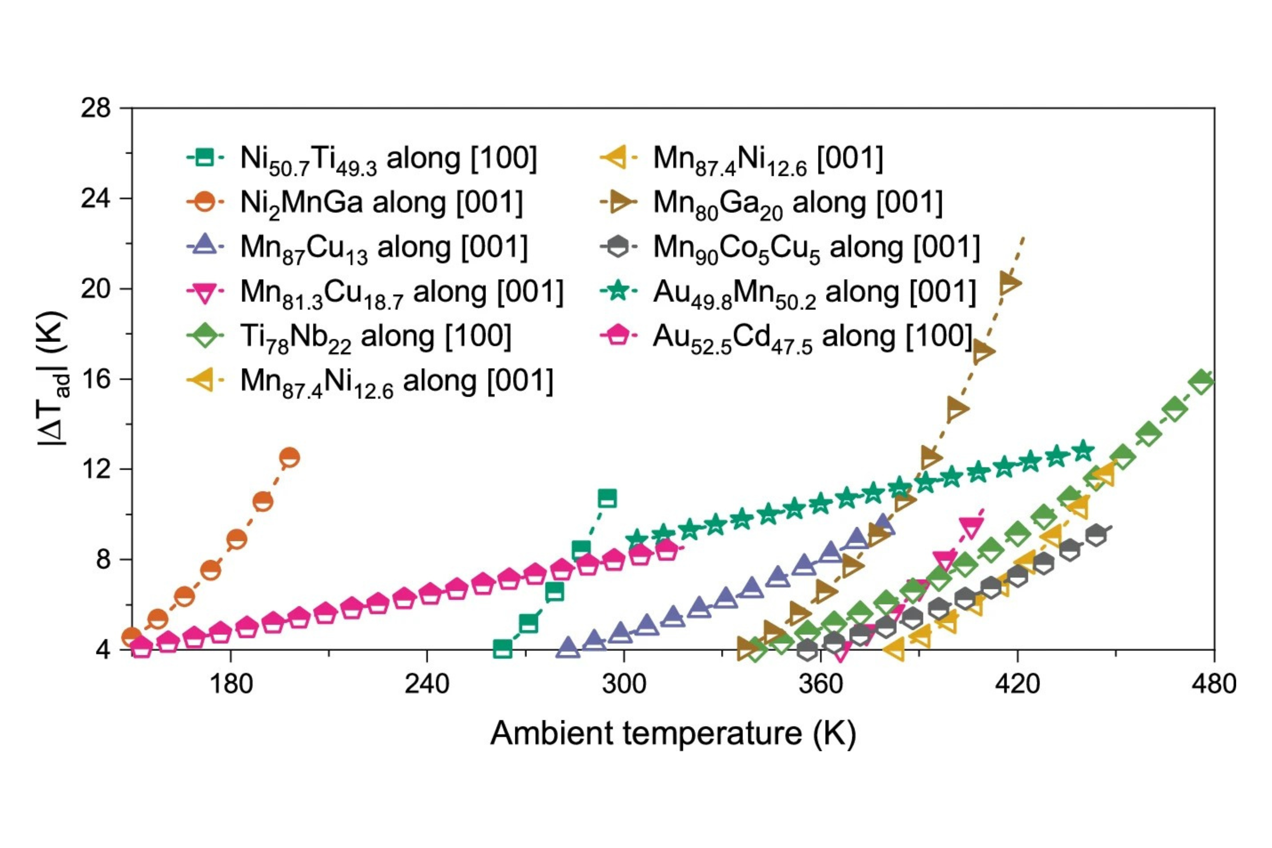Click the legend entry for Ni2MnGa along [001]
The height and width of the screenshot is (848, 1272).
[x=381, y=203]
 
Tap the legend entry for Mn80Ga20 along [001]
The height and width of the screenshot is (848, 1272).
[x=798, y=203]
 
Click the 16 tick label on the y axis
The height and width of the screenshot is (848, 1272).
[x=96, y=378]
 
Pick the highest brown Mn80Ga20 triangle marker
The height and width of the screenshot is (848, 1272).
[x=1009, y=283]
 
